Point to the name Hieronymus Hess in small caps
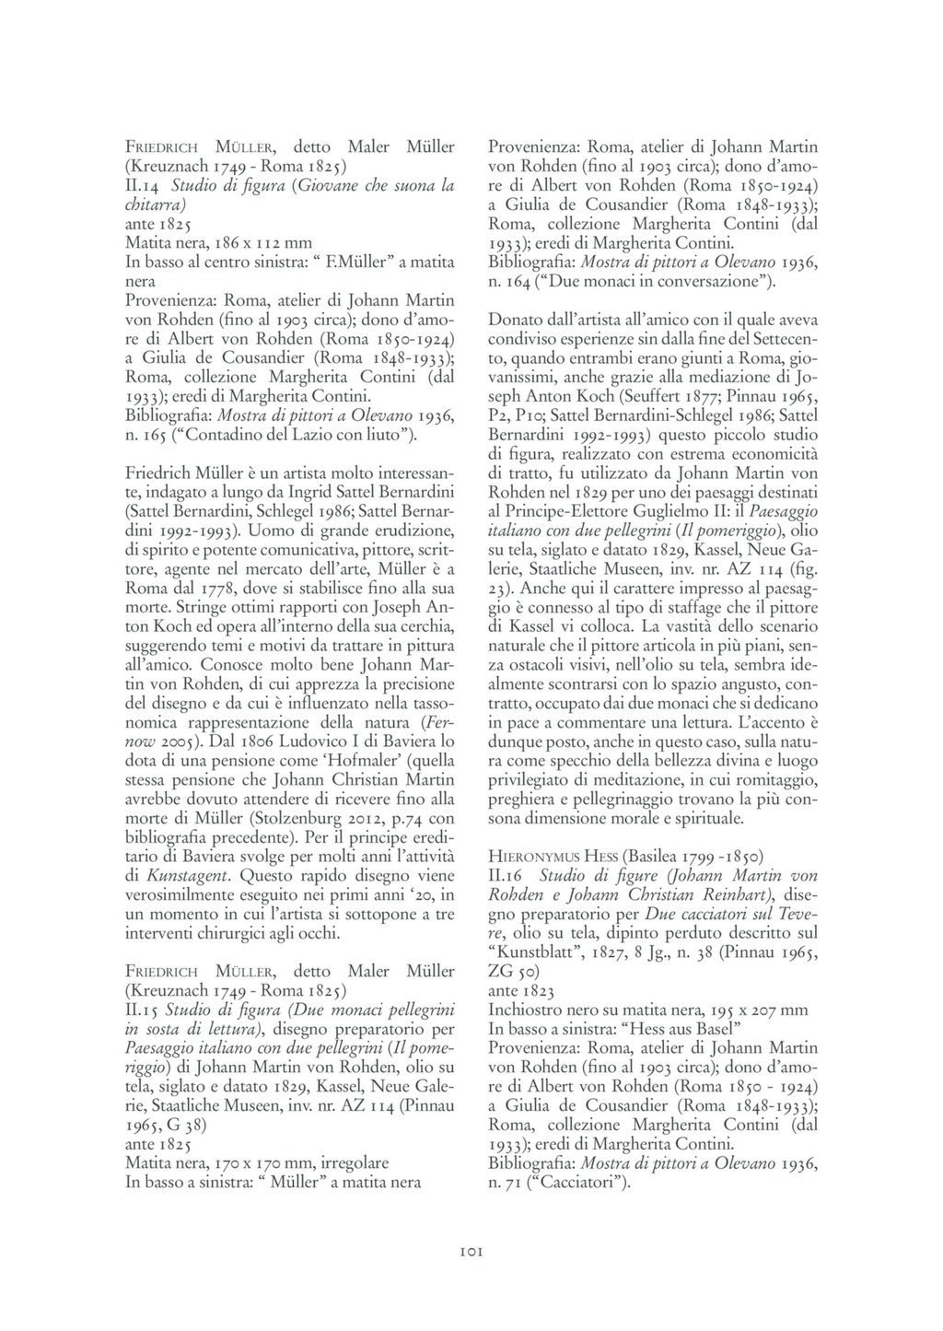546,855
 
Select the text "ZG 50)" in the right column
514,971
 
